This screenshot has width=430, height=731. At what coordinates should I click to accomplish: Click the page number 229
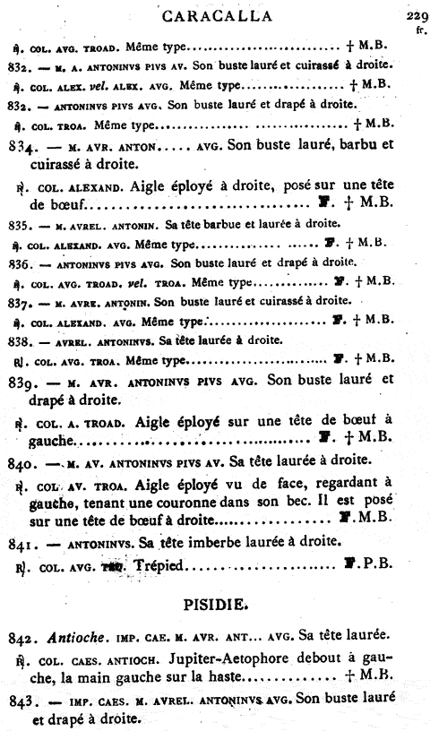coord(415,15)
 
